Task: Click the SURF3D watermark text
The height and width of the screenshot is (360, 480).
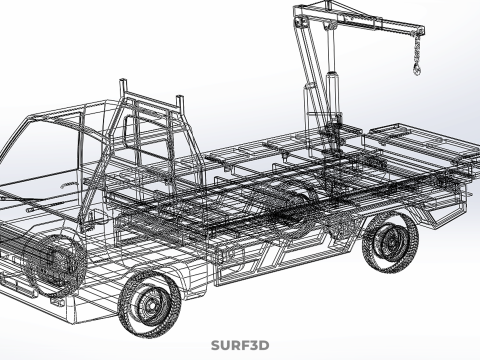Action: pyautogui.click(x=240, y=345)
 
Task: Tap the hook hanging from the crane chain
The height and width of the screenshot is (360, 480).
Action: pyautogui.click(x=417, y=69)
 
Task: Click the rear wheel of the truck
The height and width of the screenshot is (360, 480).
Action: pyautogui.click(x=391, y=242)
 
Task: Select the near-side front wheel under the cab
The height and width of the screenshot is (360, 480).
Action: pyautogui.click(x=150, y=303)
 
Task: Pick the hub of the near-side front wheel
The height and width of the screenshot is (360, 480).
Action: pyautogui.click(x=152, y=305)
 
